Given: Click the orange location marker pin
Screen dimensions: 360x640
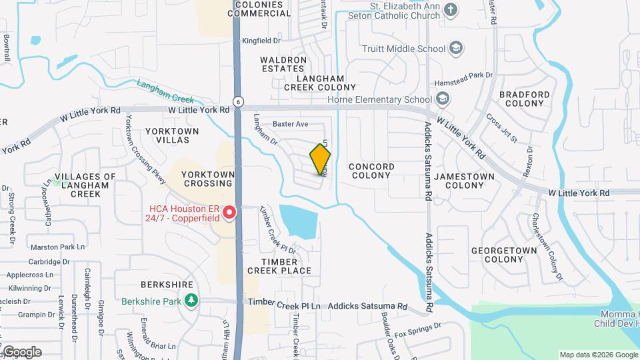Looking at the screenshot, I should tap(321, 158).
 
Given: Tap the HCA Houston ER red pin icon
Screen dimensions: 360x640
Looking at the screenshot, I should tap(229, 213).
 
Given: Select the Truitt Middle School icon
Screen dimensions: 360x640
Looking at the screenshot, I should tap(455, 49).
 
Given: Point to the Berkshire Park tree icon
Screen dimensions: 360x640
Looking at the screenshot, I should tap(191, 301).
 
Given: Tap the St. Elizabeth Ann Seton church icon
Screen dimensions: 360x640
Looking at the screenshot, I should tap(451, 9).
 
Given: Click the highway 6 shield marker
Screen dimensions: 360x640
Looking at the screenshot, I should tap(237, 101).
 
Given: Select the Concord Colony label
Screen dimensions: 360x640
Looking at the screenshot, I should tap(371, 171).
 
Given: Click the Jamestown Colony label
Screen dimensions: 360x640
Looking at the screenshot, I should tap(464, 181).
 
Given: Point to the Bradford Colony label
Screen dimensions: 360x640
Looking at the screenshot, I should tap(525, 99).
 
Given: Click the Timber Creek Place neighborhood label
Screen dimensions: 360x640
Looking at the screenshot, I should tap(279, 266).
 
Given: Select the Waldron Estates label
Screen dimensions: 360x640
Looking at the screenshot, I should tap(283, 64).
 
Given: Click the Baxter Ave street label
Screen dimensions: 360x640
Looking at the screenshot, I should tap(291, 124).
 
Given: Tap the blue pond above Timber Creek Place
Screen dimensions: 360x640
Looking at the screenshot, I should tap(298, 221).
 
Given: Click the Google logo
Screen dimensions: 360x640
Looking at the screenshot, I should tap(21, 352).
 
